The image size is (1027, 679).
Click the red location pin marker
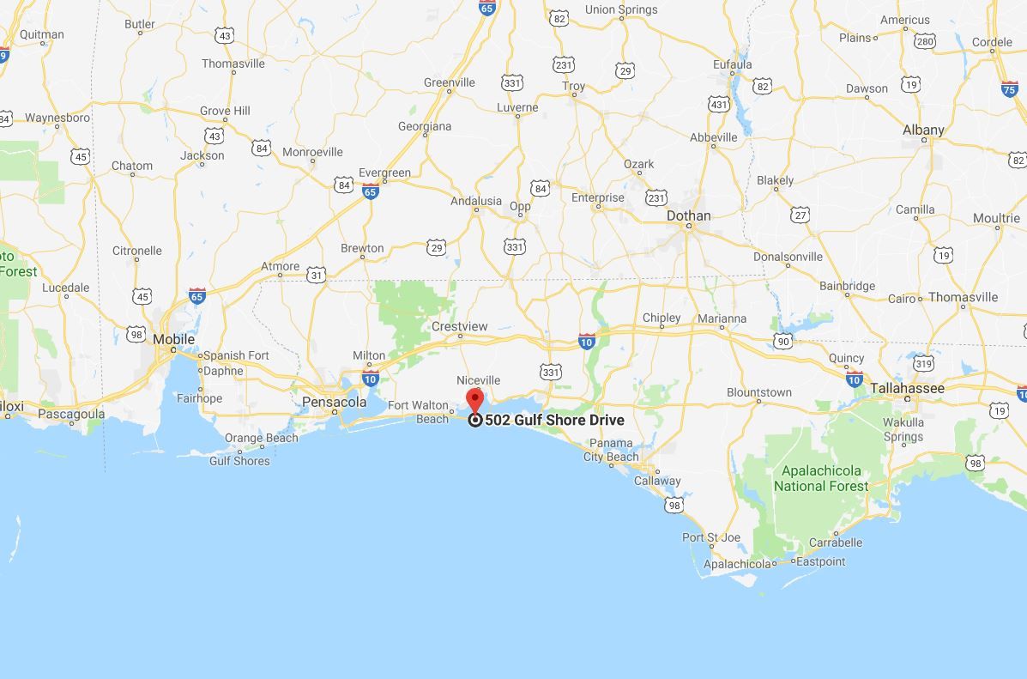coord(474,399)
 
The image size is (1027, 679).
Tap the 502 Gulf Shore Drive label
coord(554,420)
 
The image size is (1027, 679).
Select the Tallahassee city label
coord(907,388)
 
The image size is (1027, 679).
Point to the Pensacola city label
coord(334,402)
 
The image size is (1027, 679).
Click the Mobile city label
coord(174,339)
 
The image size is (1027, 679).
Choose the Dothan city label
coord(689,215)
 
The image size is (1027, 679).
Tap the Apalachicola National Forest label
coord(821,478)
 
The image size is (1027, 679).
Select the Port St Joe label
coord(710,537)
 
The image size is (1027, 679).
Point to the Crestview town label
coord(460,326)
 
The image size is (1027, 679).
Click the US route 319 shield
coord(922,363)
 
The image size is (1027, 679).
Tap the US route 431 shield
coord(719,105)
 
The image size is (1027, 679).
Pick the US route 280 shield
coord(925,40)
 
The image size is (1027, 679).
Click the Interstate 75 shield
coord(1010,88)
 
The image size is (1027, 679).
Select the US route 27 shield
coord(800,215)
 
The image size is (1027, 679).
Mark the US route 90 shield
coord(782,342)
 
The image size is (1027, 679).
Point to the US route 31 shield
coord(317,275)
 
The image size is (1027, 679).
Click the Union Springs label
coord(621,9)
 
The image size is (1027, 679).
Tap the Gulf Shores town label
coord(239,461)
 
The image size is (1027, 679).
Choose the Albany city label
coord(923,130)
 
